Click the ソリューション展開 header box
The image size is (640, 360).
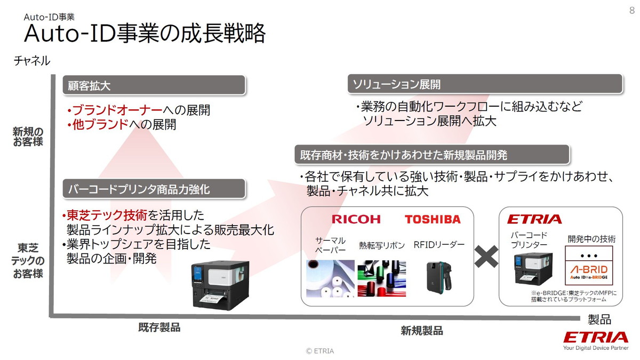485,84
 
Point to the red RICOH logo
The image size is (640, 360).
356,219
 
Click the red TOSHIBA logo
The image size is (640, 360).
432,219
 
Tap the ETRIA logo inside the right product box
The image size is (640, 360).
534,219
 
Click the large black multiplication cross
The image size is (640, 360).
485,257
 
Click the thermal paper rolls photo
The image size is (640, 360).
331,278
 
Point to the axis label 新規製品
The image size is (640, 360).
421,331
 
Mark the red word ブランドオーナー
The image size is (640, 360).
117,110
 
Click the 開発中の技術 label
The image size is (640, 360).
591,239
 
